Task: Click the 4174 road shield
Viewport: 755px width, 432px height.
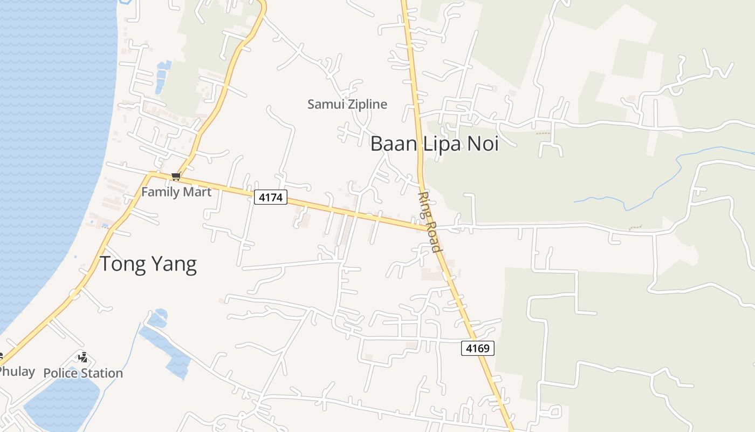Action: [270, 198]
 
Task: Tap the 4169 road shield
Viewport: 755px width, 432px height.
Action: [477, 348]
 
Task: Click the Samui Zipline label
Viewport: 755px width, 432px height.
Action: [347, 104]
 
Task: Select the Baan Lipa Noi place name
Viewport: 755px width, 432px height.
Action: [434, 144]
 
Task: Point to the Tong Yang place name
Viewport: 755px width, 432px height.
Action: [148, 264]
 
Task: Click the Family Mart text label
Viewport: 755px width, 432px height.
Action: [176, 192]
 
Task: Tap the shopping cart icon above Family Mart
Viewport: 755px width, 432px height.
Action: [175, 177]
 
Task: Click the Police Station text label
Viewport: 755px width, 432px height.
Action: [83, 373]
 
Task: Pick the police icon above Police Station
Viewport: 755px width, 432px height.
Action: [83, 357]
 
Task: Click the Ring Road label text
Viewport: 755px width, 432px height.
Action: [430, 222]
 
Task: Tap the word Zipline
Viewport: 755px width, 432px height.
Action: [367, 104]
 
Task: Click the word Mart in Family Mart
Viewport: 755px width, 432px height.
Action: [197, 192]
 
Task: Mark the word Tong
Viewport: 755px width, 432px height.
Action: [121, 264]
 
